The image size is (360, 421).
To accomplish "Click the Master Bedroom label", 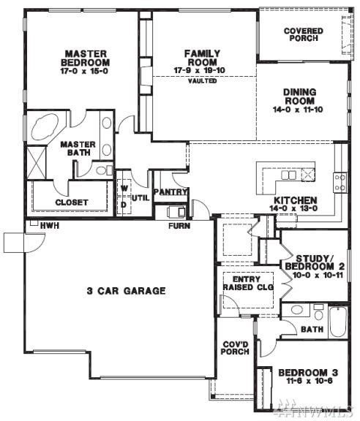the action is (x=86, y=58).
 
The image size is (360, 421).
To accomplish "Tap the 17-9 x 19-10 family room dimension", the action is (x=200, y=71).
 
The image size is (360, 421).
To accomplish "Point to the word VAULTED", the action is (x=202, y=80).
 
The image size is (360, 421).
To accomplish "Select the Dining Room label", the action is (x=299, y=96).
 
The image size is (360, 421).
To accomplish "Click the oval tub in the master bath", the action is (x=45, y=126).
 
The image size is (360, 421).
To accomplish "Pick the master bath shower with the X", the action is (x=36, y=162).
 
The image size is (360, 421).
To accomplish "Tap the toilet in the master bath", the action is (x=105, y=170).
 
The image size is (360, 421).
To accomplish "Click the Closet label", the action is (x=72, y=202).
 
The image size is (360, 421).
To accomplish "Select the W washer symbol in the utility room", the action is (x=124, y=189).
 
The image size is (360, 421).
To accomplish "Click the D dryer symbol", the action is (x=124, y=205).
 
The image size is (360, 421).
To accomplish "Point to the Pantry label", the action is (x=170, y=192).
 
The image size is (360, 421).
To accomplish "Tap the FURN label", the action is (x=179, y=226).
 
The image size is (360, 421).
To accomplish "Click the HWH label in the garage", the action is (x=50, y=226).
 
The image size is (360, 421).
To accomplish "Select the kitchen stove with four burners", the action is (x=340, y=183).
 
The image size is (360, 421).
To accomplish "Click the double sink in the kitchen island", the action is (x=288, y=175).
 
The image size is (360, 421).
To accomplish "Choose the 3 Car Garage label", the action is (x=126, y=291).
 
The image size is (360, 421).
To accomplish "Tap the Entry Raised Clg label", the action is (x=248, y=284).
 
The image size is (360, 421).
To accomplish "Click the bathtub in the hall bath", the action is (x=338, y=322).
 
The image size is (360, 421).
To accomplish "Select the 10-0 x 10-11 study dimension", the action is (x=318, y=276).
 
